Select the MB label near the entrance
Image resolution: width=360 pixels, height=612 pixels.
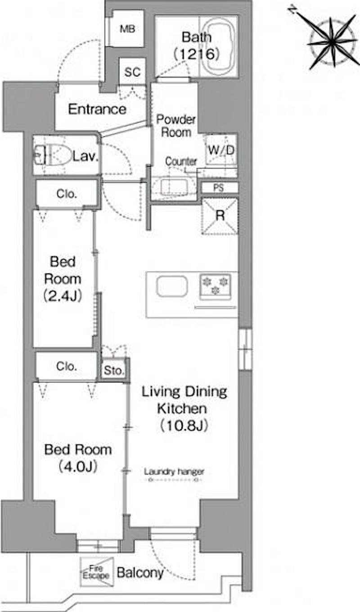point(127,29)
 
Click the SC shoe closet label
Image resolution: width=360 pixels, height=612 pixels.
point(132,72)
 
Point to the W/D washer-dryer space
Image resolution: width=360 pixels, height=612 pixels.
point(221,149)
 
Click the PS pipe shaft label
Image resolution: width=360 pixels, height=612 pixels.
point(218,188)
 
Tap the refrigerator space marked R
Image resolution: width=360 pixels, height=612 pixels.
point(220,216)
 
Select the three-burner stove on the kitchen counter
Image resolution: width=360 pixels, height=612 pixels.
point(216,286)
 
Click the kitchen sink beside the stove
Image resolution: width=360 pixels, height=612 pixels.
point(172,286)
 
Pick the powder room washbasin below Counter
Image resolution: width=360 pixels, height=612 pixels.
point(174,187)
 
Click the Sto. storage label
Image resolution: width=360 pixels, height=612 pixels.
point(114,371)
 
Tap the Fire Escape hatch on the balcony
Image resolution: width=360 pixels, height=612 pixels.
point(97,572)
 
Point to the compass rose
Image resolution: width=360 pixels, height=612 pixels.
point(333,42)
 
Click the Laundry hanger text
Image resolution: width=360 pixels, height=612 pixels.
point(174,471)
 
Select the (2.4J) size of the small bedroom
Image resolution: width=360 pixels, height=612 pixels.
point(63,295)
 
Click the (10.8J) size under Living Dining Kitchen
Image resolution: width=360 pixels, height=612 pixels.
point(184,426)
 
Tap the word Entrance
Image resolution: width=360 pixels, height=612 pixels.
point(97,109)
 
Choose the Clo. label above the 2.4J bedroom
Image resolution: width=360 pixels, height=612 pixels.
point(67,194)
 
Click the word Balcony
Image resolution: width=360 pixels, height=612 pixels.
point(140,573)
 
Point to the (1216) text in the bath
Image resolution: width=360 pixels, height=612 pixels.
point(197,54)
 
